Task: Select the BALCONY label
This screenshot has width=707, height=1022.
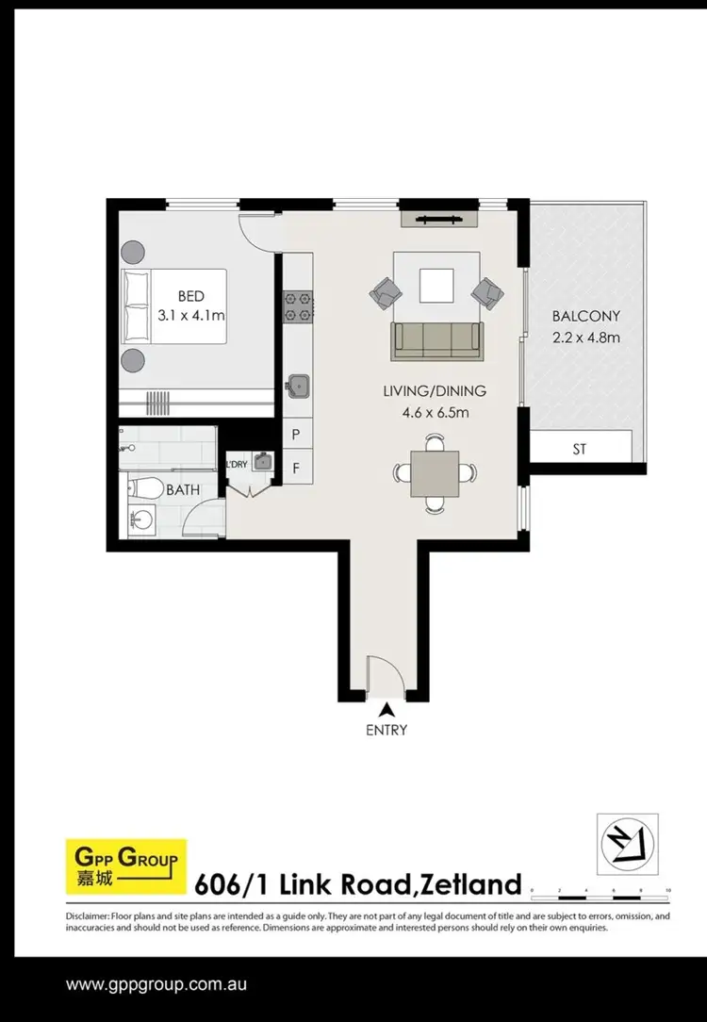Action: click(x=585, y=317)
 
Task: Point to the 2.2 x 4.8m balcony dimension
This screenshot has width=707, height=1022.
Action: click(x=585, y=338)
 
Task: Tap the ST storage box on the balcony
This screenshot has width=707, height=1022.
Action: click(x=579, y=449)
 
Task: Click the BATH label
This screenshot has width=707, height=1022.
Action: click(x=183, y=490)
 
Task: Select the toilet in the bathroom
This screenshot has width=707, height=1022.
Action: click(x=145, y=487)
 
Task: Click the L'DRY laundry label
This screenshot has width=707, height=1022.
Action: click(x=237, y=463)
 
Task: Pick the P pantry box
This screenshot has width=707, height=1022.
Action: click(x=296, y=435)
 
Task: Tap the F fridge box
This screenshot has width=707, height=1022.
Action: click(x=296, y=466)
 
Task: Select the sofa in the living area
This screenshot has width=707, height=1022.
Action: click(x=437, y=339)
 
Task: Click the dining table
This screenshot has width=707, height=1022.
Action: click(x=434, y=474)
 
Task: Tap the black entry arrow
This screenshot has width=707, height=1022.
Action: click(x=385, y=710)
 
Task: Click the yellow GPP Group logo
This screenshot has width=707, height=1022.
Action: click(x=125, y=866)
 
